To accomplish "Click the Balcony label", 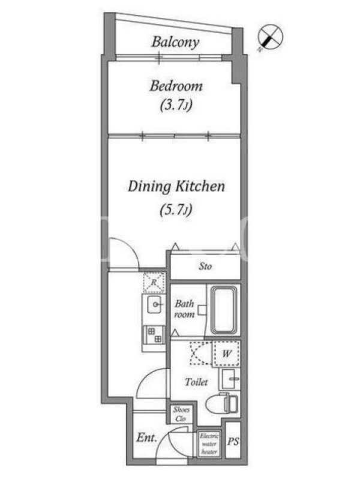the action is coord(175,42).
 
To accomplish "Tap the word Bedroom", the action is coord(176,86).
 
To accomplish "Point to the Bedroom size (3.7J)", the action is coord(176,106).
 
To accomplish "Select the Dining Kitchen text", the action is coord(176,187).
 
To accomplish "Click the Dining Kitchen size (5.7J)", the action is coord(176,209).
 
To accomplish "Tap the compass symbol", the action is coord(270,37).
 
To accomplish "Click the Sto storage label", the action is coord(205,266).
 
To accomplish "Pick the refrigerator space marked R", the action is coord(154,282).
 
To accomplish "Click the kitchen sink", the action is coord(154,305).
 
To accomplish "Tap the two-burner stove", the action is coord(154,335).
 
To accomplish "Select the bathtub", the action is coord(224,310).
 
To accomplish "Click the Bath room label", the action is coord(184,309).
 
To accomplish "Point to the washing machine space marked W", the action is coord(227,353).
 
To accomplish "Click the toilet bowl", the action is coord(221,404).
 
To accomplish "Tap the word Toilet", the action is coord(196,382).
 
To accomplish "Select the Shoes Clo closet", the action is coord(181,414).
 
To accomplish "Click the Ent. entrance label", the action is coord(146,437).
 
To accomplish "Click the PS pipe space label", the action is coord(233,442).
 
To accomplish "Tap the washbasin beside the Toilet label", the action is coord(229,379).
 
